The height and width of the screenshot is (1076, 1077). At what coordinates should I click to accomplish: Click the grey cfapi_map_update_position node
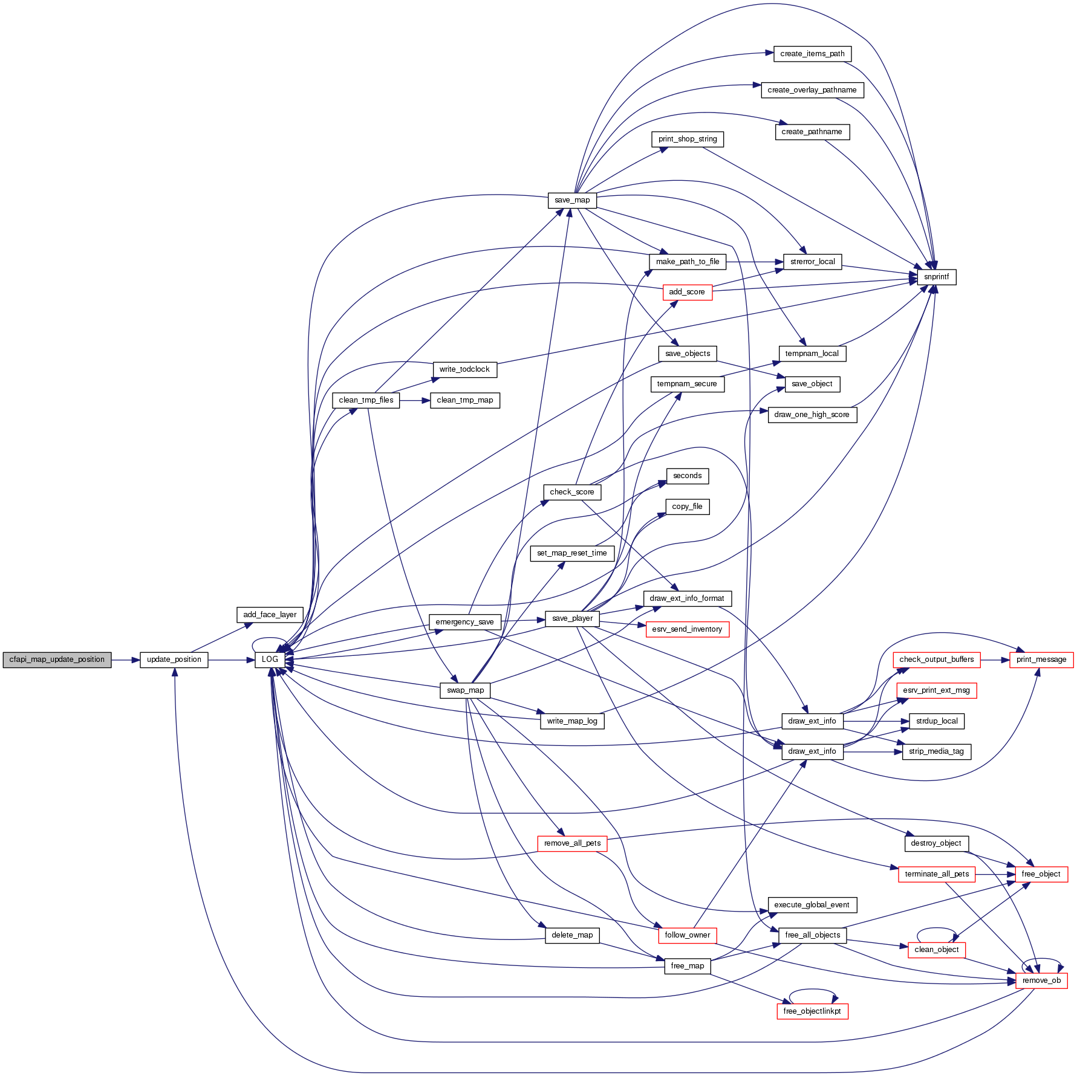tap(57, 660)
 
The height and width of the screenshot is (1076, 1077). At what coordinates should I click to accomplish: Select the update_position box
tap(174, 660)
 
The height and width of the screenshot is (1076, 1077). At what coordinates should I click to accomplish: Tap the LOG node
tap(270, 660)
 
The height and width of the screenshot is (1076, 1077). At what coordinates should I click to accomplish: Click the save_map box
tap(572, 200)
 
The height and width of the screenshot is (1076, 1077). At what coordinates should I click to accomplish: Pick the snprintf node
tap(936, 277)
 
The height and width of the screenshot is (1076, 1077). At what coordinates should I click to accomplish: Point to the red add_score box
tap(687, 292)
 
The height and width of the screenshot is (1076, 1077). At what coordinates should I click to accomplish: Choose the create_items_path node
tap(812, 54)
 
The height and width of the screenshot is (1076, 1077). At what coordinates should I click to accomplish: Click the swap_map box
tap(466, 690)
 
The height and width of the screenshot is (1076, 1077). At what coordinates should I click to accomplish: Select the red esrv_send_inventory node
tap(687, 629)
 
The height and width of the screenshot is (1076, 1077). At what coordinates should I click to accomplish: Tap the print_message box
tap(1041, 660)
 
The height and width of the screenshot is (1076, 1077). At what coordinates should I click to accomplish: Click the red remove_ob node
tap(1041, 980)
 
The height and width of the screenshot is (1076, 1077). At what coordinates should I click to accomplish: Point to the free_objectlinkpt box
tap(812, 1011)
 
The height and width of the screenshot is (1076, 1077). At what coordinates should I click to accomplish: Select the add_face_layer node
tap(270, 615)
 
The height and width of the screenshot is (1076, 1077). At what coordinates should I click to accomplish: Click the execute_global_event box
tap(812, 905)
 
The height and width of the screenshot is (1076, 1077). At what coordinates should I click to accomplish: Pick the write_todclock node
tap(464, 369)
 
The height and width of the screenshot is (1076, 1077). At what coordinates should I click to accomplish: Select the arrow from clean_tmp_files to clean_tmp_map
tap(415, 400)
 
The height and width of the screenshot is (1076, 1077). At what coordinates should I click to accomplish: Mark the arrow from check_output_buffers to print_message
tap(995, 660)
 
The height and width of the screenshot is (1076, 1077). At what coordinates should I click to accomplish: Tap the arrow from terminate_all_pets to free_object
tap(995, 874)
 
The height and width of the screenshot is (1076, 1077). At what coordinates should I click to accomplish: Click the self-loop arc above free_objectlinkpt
tap(813, 990)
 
